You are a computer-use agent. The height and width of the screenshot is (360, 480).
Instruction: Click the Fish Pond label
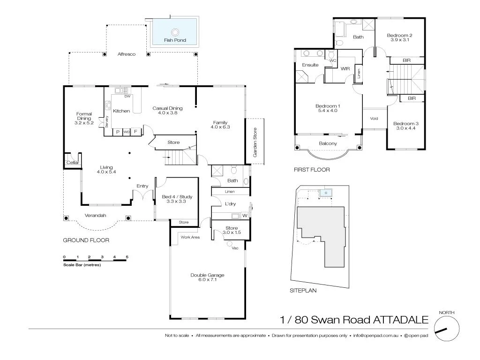[x=175, y=40]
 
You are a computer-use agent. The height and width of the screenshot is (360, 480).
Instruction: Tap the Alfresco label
[x=127, y=54]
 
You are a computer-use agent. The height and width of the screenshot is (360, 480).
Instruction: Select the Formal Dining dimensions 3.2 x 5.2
[x=84, y=123]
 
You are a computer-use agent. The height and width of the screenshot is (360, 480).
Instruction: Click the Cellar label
[x=73, y=162]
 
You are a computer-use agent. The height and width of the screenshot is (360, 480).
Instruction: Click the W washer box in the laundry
[x=244, y=216]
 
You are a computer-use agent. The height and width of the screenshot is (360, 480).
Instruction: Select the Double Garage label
[x=207, y=275]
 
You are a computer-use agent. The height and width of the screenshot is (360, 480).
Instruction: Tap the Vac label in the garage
[x=235, y=248]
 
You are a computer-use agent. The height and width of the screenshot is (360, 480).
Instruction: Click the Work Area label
[x=190, y=238]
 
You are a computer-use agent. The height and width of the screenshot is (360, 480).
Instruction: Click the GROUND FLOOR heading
[x=86, y=240]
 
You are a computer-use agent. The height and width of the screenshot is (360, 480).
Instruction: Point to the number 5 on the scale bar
[x=127, y=257]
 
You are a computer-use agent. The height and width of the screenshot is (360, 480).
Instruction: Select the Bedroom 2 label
[x=399, y=35]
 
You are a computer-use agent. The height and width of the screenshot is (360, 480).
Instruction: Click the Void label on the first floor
[x=374, y=119]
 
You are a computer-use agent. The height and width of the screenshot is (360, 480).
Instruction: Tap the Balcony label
[x=328, y=143]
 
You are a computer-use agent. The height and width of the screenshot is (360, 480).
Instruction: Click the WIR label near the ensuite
[x=345, y=69]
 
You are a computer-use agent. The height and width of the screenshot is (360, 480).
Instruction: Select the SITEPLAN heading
[x=303, y=291]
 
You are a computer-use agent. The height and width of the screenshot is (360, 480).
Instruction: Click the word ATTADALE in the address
[x=400, y=320]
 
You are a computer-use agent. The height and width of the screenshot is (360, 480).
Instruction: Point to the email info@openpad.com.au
[x=376, y=336]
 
